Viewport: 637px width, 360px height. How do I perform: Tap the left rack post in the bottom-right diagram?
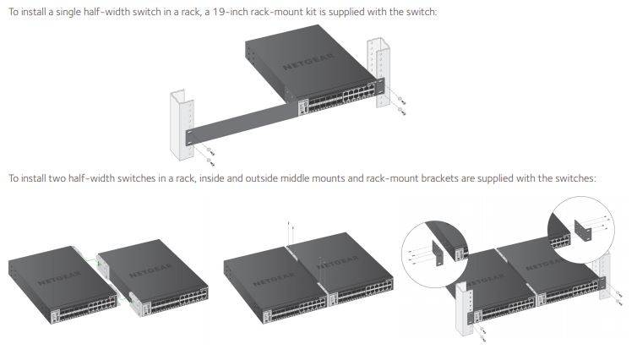464,308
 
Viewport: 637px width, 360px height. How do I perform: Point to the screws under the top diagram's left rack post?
204,155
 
